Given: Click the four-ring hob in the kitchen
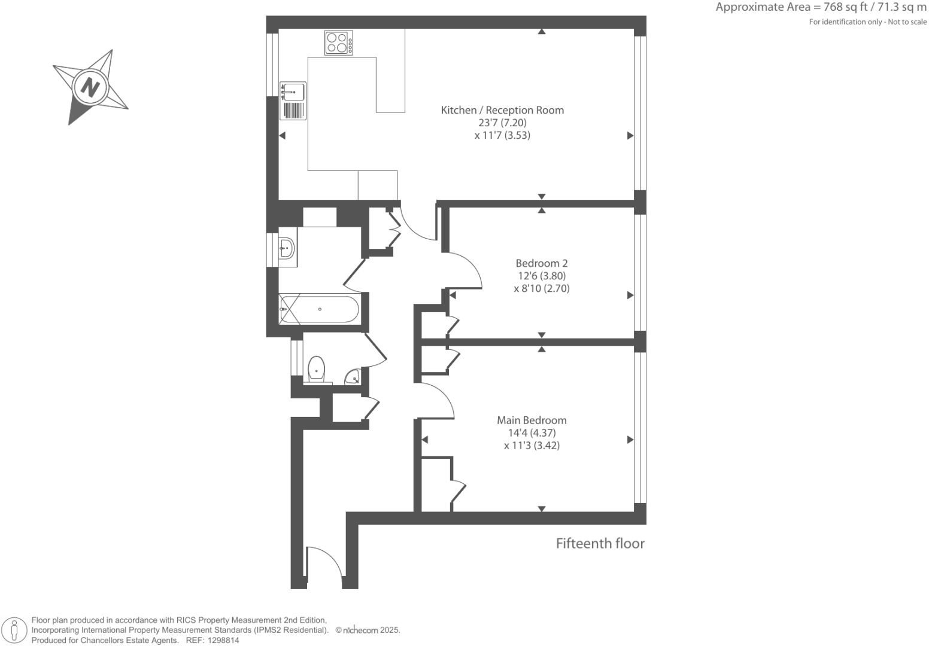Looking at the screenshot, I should (339, 43).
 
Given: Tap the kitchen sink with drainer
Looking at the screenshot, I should (293, 101).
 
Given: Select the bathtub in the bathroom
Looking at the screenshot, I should (320, 309).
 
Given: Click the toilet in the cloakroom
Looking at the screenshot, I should (316, 369).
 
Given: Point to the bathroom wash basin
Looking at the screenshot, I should (287, 246).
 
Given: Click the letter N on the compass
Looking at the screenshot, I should (90, 88).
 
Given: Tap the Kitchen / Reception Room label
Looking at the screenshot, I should (502, 110).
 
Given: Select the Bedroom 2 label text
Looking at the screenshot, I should (541, 263).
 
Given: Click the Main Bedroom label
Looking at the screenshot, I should (532, 420).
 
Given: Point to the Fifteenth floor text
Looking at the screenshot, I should (600, 543).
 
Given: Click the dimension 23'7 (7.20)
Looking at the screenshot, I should (502, 123).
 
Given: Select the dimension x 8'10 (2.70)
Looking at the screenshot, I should (541, 288).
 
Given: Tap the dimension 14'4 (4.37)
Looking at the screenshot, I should (532, 433).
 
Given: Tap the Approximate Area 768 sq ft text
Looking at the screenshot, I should (820, 8).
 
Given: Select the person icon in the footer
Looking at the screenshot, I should (14, 630).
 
